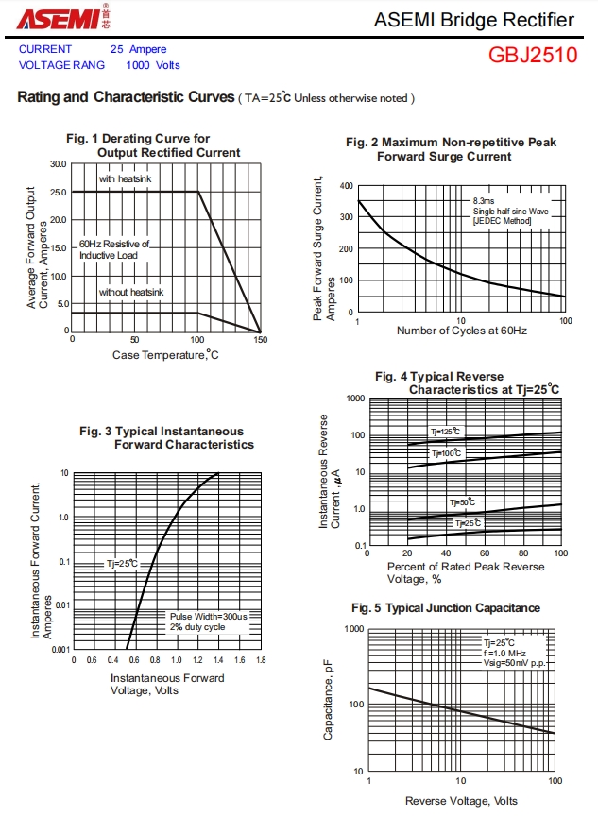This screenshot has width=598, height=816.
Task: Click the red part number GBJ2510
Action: click(x=532, y=55)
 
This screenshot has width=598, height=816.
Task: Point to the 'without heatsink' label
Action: click(x=131, y=293)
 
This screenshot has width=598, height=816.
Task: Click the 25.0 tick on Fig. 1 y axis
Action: click(x=59, y=193)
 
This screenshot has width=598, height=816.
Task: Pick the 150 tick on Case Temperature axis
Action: click(x=260, y=340)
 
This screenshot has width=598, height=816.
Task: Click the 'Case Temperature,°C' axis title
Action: click(x=165, y=355)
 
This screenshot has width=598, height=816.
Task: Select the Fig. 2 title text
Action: click(x=451, y=149)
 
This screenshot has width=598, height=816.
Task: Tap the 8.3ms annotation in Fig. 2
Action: click(x=484, y=201)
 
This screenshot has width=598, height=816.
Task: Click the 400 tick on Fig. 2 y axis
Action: click(x=347, y=186)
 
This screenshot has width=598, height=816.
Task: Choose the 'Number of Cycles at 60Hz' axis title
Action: click(x=461, y=331)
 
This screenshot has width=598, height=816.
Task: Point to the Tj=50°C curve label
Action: click(x=462, y=503)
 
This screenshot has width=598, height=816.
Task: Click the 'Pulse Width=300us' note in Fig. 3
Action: click(x=208, y=616)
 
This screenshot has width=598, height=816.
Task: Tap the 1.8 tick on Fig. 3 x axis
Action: click(x=261, y=659)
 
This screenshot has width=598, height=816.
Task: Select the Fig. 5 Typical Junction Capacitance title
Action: click(x=446, y=608)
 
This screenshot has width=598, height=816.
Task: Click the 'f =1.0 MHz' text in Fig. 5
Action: click(x=504, y=653)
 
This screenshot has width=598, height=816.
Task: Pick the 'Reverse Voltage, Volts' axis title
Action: click(x=462, y=801)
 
